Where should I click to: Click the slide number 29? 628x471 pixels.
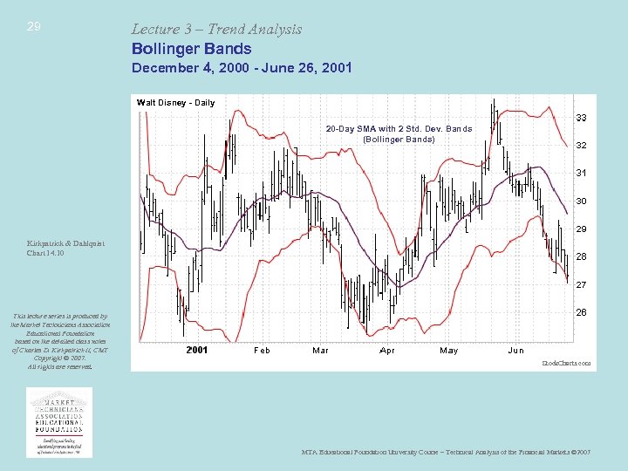[x=33, y=27]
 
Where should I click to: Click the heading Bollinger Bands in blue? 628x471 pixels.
[x=191, y=49]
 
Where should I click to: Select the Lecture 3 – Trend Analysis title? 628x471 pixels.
[x=216, y=29]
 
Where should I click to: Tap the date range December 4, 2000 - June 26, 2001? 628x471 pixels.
[x=242, y=67]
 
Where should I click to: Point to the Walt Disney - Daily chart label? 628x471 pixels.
[x=175, y=103]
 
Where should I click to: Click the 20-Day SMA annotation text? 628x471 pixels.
[x=399, y=133]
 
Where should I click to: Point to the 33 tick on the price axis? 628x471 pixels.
[x=581, y=117]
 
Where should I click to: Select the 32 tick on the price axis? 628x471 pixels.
[x=581, y=145]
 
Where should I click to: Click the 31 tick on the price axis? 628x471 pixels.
[x=581, y=173]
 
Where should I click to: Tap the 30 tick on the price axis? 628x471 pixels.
[x=581, y=201]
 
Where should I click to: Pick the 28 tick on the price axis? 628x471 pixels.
[x=581, y=256]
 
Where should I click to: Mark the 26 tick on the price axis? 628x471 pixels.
[x=581, y=312]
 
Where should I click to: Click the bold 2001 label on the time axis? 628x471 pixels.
[x=197, y=350]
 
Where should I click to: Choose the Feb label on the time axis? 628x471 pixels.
[x=262, y=350]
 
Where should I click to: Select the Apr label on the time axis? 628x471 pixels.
[x=387, y=350]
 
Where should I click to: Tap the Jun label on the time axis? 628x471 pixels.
[x=516, y=350]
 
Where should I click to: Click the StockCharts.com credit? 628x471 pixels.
[x=567, y=362]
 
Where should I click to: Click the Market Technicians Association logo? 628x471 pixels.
[x=59, y=422]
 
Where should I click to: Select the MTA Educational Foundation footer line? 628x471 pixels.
[x=446, y=453]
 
